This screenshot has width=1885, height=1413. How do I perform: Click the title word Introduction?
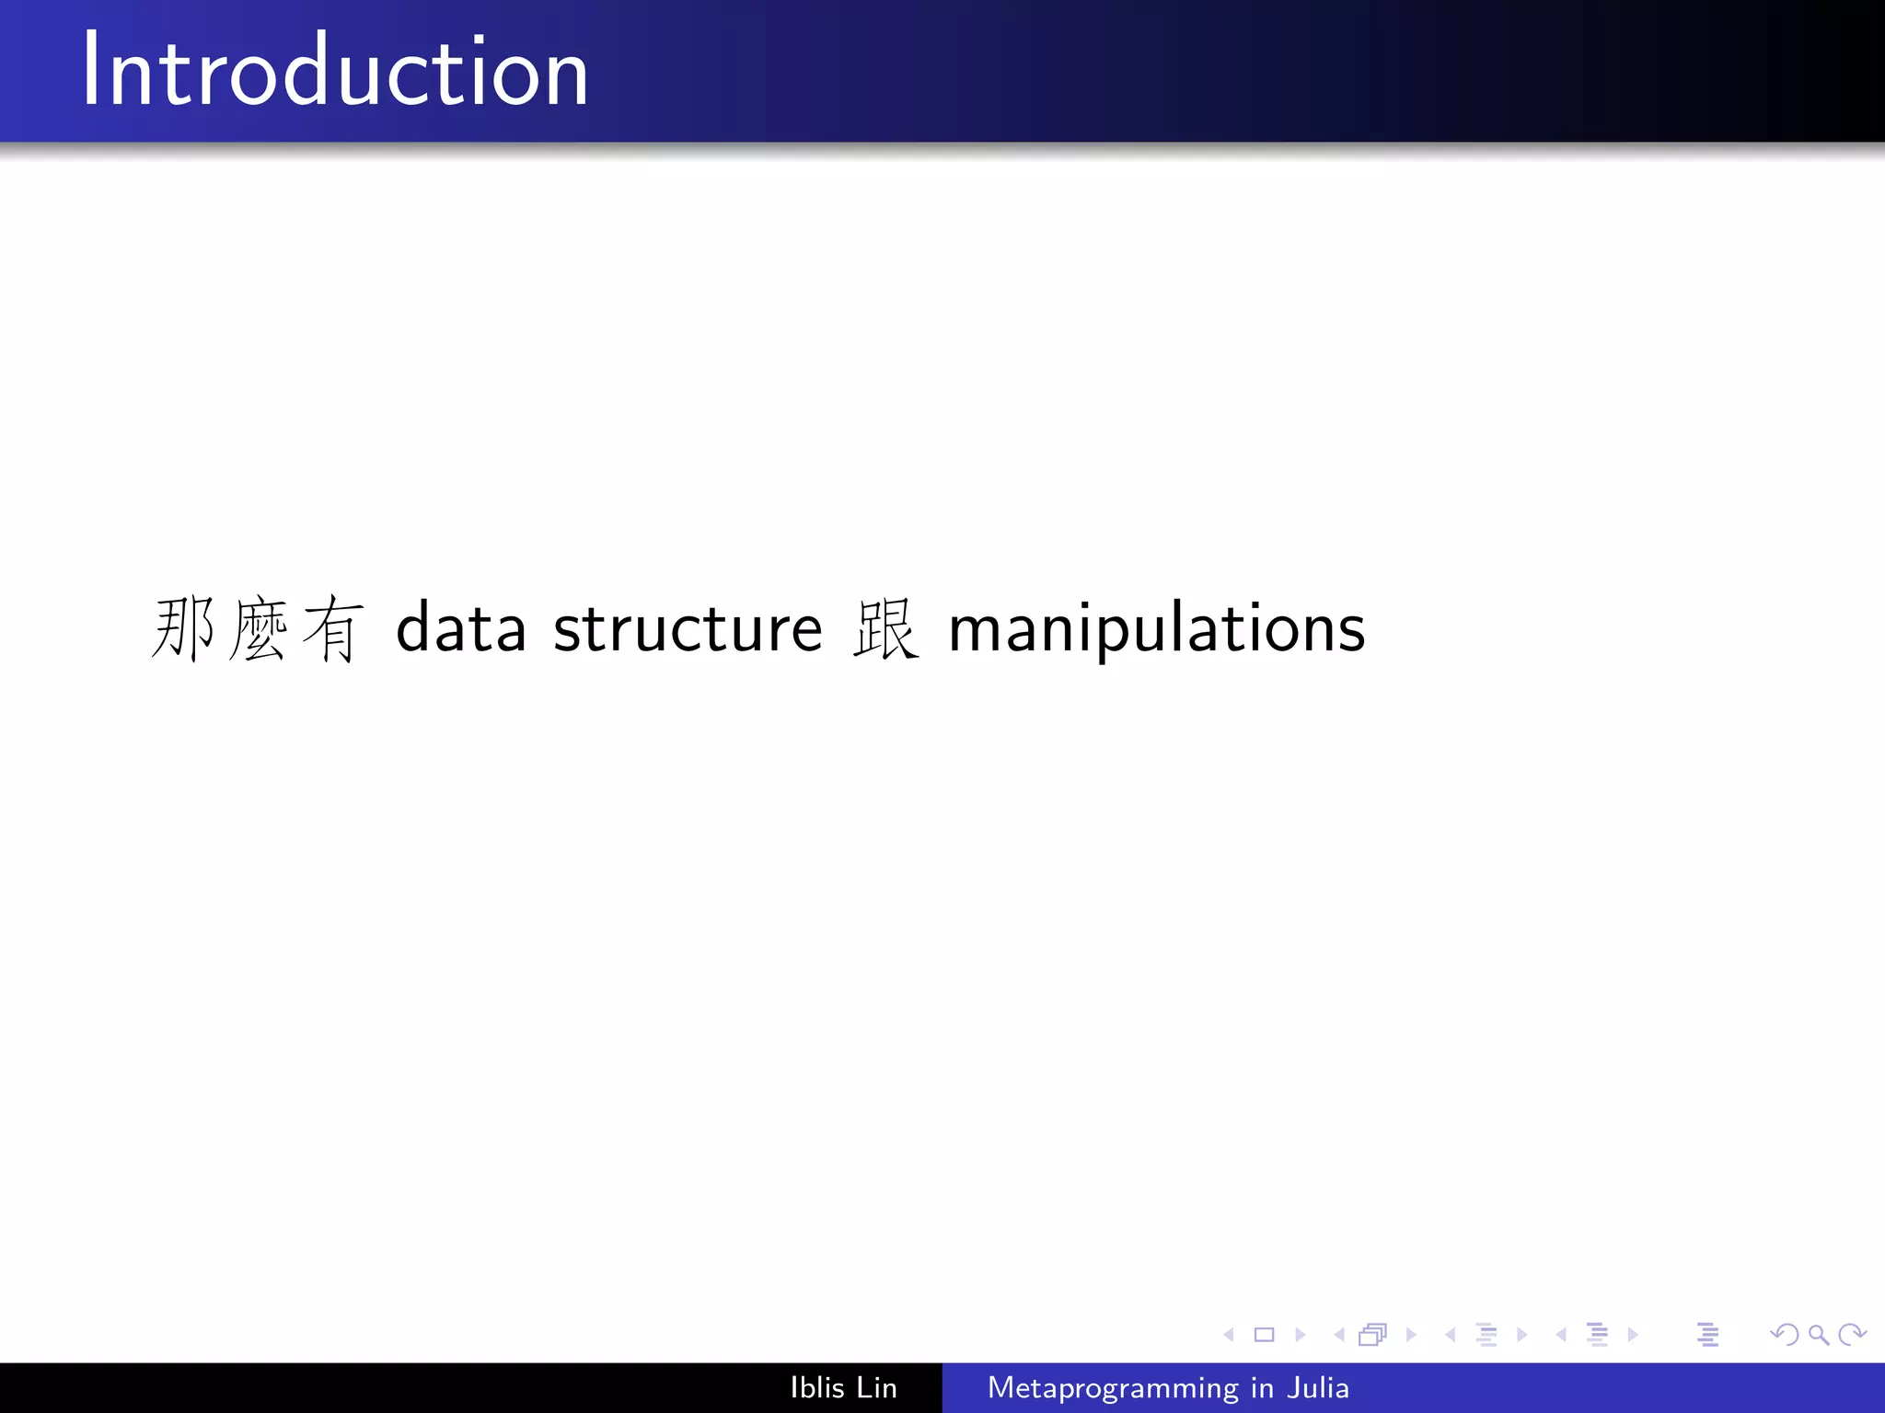335,72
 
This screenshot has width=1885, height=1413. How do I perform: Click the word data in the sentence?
460,629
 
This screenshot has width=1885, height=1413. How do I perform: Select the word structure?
688,629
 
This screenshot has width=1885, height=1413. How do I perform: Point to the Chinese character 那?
184,629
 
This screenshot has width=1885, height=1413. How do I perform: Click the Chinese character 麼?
259,629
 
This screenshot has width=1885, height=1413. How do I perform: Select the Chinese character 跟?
885,629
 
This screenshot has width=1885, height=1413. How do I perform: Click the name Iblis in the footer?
816,1387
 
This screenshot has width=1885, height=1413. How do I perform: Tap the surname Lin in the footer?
876,1387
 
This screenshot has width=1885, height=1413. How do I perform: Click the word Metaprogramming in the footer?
1113,1388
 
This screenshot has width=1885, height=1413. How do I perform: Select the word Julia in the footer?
1318,1387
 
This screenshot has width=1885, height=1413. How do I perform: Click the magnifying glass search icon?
1818,1335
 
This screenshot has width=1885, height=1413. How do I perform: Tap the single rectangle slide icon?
1265,1335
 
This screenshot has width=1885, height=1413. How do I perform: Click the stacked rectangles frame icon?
1372,1335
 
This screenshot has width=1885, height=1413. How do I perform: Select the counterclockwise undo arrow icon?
1784,1335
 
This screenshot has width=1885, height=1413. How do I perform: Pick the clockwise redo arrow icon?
1852,1335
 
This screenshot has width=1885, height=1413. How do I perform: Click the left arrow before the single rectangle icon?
1229,1335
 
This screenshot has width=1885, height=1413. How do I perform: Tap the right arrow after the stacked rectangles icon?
1411,1335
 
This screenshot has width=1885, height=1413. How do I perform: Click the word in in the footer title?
1262,1387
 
